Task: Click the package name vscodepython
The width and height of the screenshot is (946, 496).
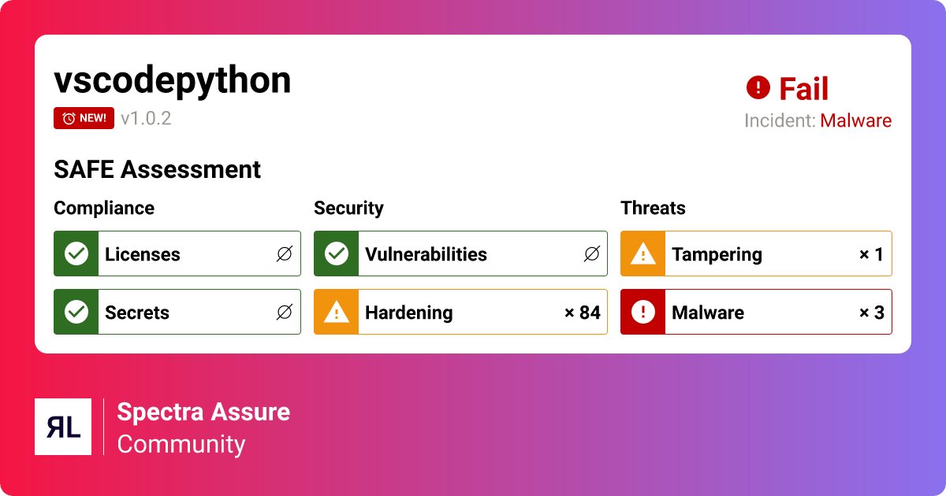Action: [x=172, y=81]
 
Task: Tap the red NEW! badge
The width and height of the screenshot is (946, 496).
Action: [x=84, y=118]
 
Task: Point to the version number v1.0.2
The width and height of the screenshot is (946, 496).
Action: [x=146, y=119]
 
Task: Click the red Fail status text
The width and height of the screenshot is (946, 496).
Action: [x=803, y=89]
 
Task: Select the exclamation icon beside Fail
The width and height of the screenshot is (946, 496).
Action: [x=758, y=87]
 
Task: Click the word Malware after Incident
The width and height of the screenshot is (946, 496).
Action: [x=855, y=121]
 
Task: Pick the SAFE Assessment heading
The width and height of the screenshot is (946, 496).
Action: [x=157, y=169]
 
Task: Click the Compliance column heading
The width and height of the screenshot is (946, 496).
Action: [x=104, y=208]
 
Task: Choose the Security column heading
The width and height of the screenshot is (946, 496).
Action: [x=348, y=208]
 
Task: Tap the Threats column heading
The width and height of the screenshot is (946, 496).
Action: [x=653, y=208]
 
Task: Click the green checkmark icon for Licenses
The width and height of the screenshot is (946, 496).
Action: [x=76, y=254]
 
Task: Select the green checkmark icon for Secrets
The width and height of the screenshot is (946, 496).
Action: [x=76, y=312]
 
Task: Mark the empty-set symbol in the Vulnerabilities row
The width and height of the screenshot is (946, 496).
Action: [x=591, y=254]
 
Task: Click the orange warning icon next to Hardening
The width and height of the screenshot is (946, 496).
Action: [x=337, y=312]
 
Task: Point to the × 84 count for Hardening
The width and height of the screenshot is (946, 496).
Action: [x=582, y=313]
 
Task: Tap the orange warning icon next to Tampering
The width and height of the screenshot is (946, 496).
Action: [x=643, y=254]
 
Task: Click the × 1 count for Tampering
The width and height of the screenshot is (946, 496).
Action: [x=871, y=254]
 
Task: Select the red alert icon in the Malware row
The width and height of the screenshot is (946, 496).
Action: [x=643, y=312]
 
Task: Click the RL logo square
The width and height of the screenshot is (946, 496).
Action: [x=63, y=427]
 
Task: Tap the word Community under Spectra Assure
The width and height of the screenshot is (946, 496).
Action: [x=181, y=444]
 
